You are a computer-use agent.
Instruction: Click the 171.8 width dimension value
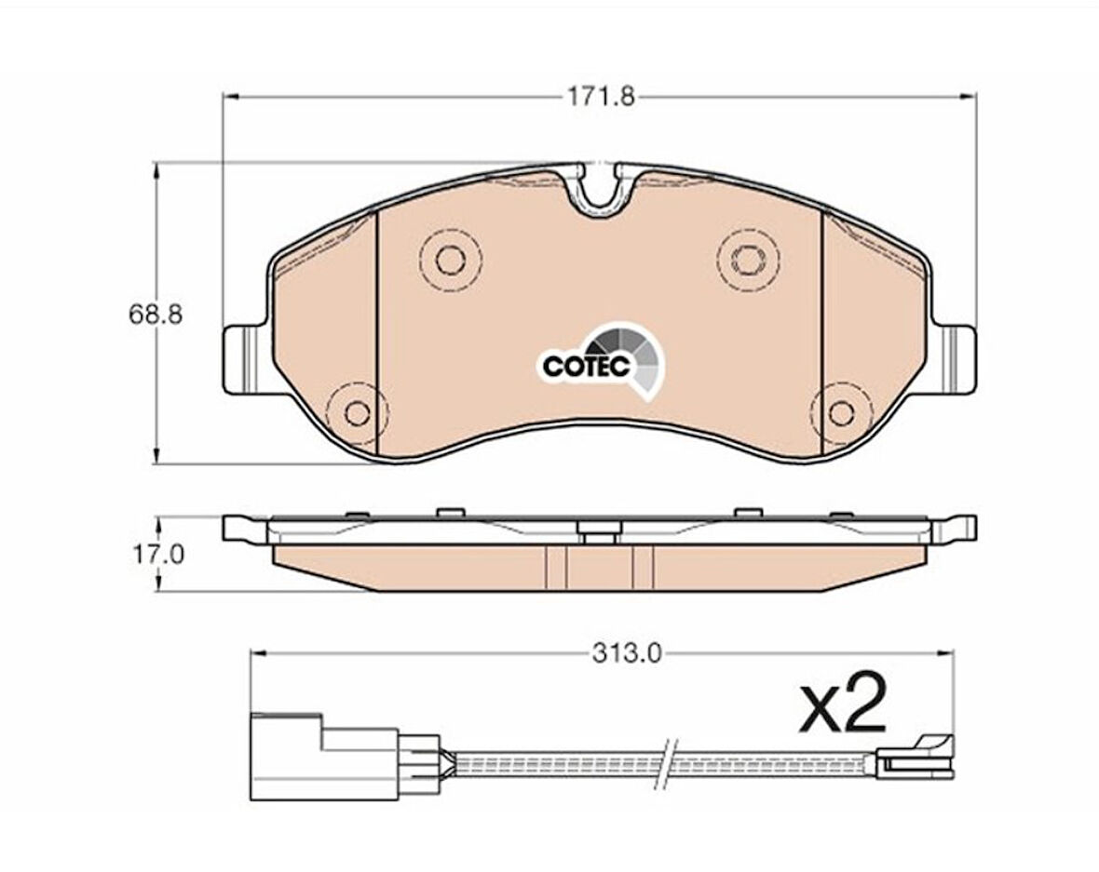click(x=601, y=96)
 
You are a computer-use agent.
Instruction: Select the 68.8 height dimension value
click(x=155, y=314)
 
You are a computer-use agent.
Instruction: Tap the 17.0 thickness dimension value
click(x=158, y=555)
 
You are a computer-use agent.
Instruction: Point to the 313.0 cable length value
click(x=627, y=653)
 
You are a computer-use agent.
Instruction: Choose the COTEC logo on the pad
click(x=603, y=362)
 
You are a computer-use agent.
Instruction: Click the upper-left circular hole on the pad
click(x=451, y=260)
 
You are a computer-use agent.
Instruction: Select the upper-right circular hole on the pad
click(x=747, y=260)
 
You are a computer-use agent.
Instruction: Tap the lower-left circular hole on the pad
click(x=359, y=413)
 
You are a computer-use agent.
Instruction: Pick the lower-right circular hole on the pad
click(x=840, y=413)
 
